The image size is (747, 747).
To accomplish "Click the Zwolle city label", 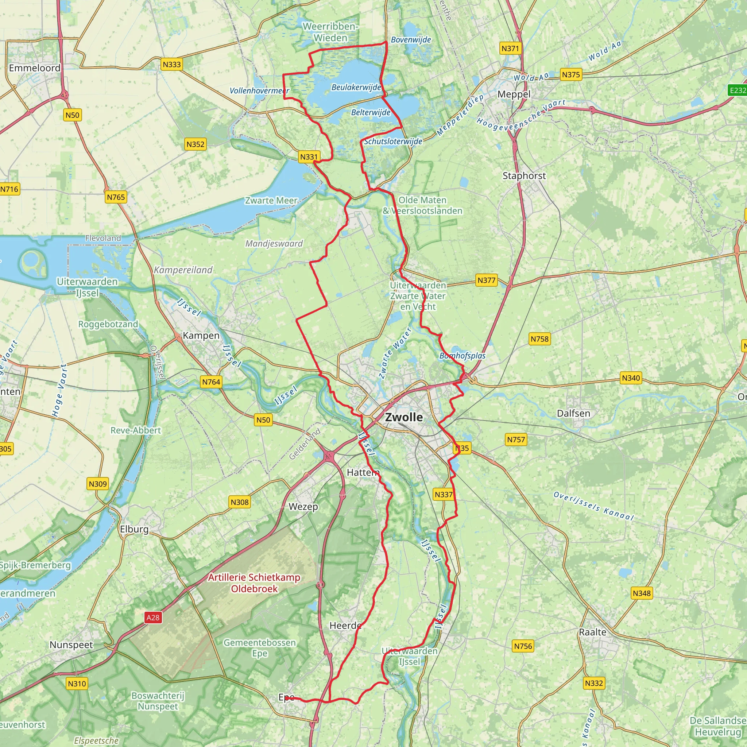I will (x=404, y=417).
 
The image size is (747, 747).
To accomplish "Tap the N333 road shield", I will (x=172, y=64).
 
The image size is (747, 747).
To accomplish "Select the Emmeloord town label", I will (x=34, y=68).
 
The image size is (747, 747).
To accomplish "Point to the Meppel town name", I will (x=514, y=94).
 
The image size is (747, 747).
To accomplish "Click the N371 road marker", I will (x=510, y=49).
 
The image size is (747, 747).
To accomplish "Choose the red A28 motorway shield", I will (x=153, y=618).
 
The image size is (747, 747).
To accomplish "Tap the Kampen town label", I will (x=201, y=335).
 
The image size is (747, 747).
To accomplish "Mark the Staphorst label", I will (x=524, y=176).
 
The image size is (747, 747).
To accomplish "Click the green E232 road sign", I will (x=737, y=90).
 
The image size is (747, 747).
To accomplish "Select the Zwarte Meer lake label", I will (x=271, y=201).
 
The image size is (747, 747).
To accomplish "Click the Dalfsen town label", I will (x=573, y=413).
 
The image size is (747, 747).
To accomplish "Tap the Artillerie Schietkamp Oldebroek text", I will (x=254, y=583).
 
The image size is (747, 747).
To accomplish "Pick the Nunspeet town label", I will (x=71, y=645).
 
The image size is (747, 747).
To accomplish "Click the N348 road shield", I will (x=642, y=593).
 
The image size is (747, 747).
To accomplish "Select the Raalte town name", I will (x=592, y=632).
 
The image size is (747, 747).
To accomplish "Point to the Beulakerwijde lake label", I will (x=356, y=88).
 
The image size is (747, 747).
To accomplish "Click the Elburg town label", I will (x=134, y=529).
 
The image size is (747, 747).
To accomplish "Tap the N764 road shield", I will (x=211, y=382).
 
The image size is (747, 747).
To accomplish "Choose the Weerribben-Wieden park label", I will (x=330, y=32).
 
